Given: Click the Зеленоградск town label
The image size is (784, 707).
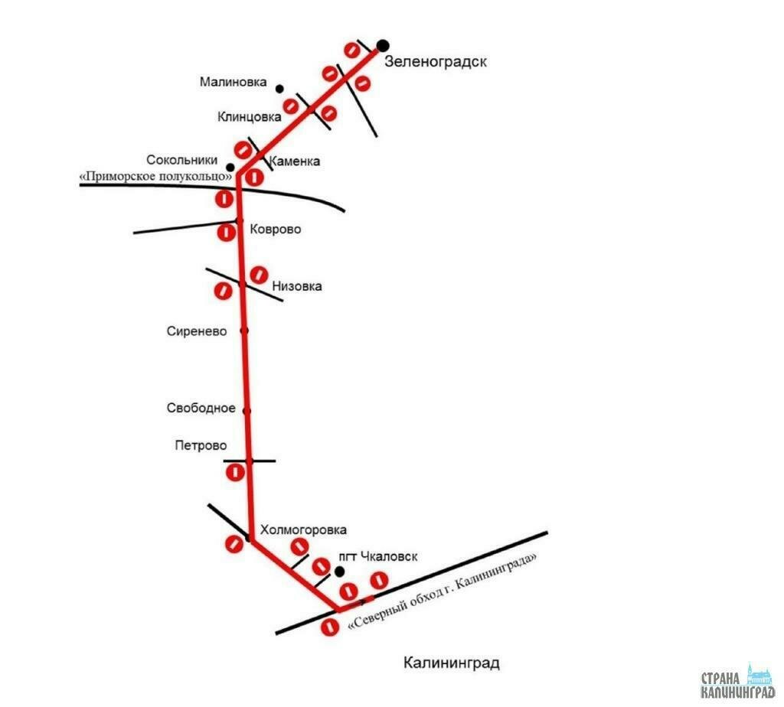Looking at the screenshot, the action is coord(436,61).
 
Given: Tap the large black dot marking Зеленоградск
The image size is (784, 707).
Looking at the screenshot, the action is coord(383,45).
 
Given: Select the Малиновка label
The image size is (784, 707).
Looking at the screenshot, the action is coord(233,82).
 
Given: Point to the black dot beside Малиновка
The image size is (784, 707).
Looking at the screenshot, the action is coord(279,89).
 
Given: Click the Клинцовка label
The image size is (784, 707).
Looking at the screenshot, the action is coord(249,117).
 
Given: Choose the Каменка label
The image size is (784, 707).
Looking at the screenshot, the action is coord(295,161).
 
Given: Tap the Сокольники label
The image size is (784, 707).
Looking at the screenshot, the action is coord(182,160).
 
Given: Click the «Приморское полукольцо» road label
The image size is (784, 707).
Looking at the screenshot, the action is coord(156,177).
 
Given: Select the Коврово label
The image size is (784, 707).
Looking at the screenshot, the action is coord(276,230).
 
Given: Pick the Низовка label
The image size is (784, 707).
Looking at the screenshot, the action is coord(297,286).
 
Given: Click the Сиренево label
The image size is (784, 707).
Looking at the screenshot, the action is coord(197,331).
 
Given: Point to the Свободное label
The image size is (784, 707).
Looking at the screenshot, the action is coord(201,409).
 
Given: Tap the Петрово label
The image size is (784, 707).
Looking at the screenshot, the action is coord(201,445).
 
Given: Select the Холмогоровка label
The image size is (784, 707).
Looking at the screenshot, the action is coord(303,529).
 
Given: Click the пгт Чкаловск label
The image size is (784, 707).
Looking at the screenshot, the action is coord(378,556).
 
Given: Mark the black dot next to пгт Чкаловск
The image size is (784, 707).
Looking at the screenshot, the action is coord(339,571).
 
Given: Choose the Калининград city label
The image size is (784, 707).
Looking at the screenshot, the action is coord(452,663).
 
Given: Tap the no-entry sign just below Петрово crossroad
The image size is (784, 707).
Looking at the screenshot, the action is coord(235,472).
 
